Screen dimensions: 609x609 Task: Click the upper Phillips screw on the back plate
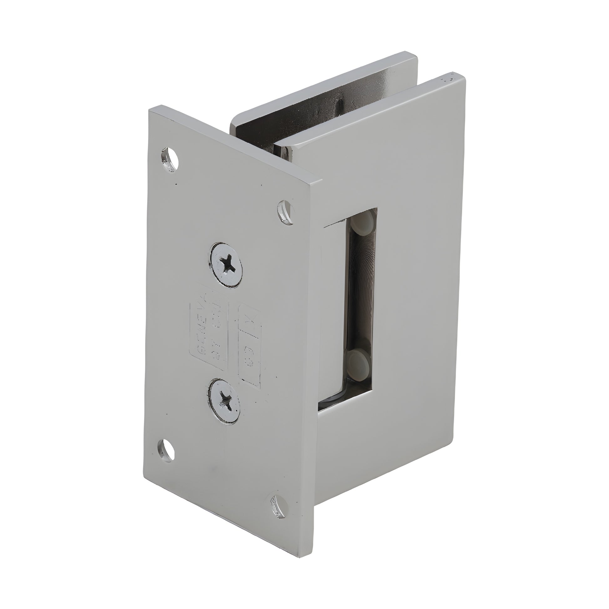[226, 260]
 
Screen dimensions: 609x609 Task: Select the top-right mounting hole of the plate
[286, 212]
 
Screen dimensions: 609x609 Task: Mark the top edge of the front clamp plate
[372, 107]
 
